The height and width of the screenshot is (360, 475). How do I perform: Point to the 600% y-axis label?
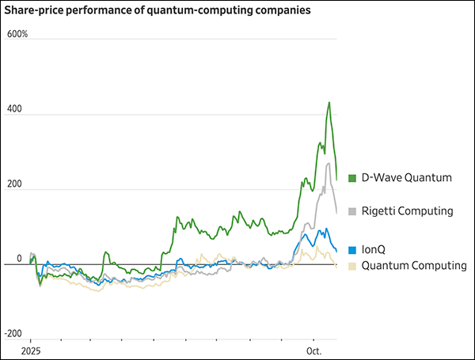17,35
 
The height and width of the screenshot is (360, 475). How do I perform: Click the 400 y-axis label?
13,110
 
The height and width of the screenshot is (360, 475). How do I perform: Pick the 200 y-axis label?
13,184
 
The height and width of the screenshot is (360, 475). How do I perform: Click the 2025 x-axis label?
30,350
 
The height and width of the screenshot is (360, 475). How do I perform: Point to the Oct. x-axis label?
314,350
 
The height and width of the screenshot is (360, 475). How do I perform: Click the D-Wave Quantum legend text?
407,178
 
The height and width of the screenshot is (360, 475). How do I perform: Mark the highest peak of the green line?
329,102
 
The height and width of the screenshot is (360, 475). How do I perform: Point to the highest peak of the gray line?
329,163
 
